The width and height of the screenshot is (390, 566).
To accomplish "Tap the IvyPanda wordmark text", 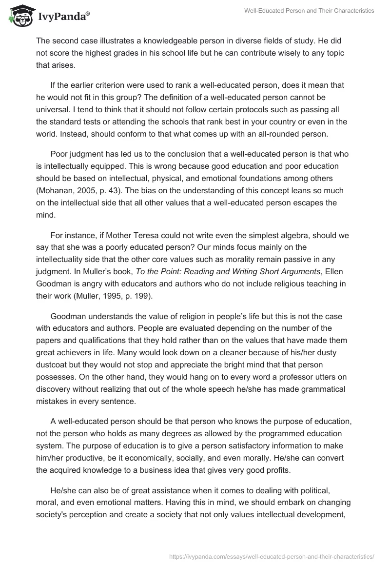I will tap(63, 18).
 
